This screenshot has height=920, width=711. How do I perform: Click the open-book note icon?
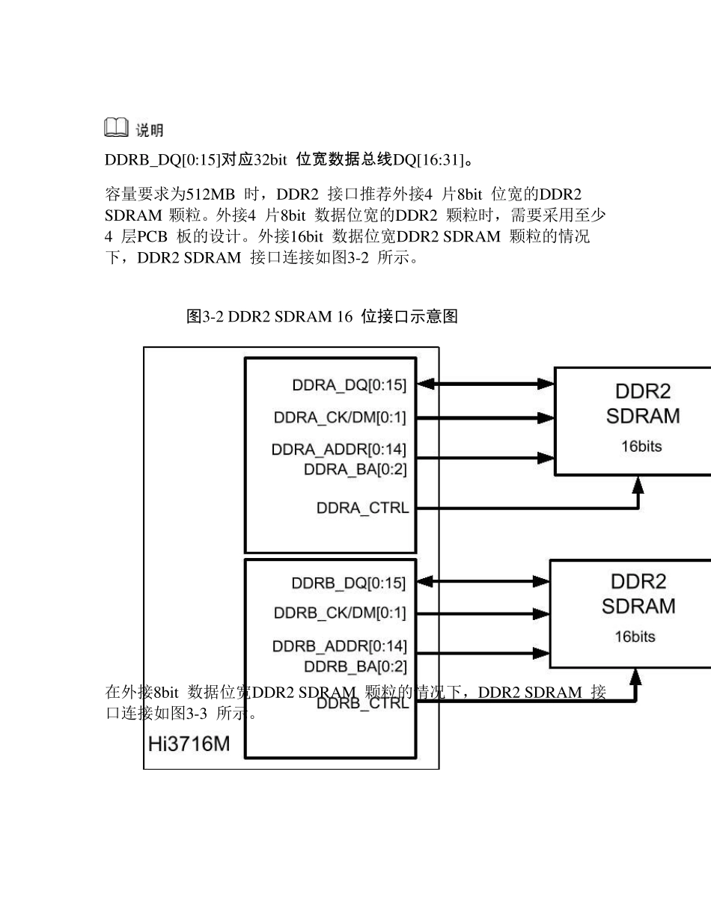click(115, 129)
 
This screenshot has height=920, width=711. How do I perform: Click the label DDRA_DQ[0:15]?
click(349, 385)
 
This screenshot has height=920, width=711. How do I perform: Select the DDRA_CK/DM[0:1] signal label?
click(340, 417)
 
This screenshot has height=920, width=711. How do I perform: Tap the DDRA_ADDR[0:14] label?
click(339, 450)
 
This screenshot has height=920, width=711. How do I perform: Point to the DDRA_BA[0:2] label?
click(355, 470)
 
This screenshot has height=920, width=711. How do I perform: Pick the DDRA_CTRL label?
click(362, 509)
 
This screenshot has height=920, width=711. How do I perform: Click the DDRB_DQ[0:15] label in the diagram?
click(349, 583)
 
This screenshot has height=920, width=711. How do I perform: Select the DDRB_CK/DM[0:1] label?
click(340, 613)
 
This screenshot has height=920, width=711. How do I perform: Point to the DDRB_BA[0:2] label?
click(355, 666)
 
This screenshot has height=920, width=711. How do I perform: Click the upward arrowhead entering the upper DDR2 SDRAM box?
click(638, 485)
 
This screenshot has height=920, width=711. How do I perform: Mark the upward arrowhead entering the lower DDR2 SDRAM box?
click(635, 678)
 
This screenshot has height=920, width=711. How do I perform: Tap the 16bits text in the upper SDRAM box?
click(641, 447)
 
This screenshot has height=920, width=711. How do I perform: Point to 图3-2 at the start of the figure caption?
click(204, 316)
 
